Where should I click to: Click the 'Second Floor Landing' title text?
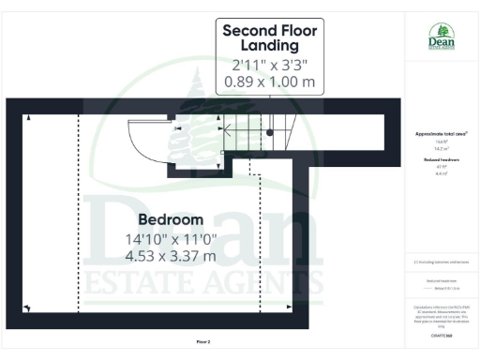(x=269, y=37)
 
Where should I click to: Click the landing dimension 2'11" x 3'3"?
(x=269, y=66)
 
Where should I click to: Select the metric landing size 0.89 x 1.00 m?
(x=269, y=82)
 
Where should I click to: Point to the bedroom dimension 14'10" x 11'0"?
(x=171, y=238)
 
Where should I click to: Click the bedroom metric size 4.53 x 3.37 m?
(x=171, y=255)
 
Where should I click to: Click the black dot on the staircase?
(x=270, y=132)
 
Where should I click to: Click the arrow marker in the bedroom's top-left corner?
(x=28, y=118)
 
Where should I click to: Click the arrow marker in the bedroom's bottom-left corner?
(x=28, y=307)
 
